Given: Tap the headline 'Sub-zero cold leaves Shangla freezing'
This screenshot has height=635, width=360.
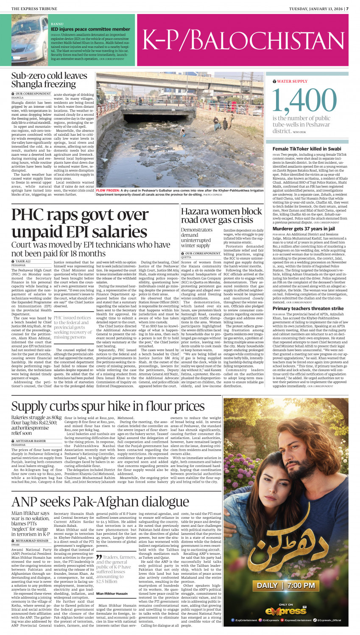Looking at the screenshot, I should [x=49, y=80].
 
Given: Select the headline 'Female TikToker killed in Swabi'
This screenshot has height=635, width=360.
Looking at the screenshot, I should [x=301, y=149].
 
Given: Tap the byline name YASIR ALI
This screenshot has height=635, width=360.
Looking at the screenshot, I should [x=23, y=261].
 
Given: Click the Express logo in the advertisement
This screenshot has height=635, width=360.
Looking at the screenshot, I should [x=286, y=610].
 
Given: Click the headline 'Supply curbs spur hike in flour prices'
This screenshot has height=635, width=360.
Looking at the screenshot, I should [x=108, y=407].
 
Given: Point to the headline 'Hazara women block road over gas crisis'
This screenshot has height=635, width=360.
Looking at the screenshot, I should [x=221, y=215].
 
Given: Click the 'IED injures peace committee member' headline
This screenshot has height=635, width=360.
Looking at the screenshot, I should [x=85, y=29].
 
